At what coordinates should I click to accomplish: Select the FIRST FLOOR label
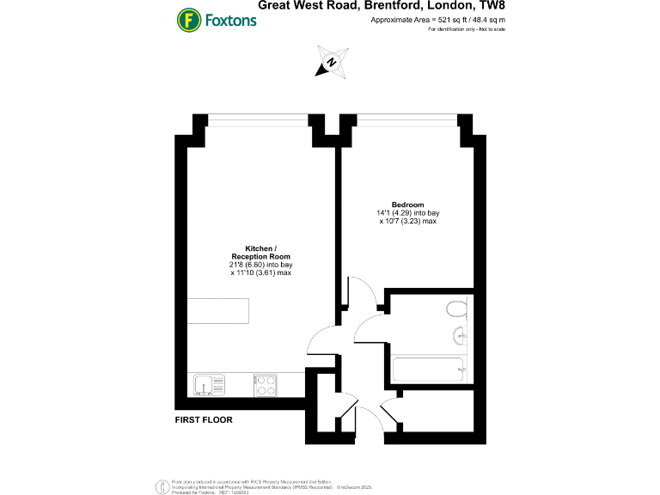[x=204, y=420]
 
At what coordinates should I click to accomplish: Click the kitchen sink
[x=207, y=385]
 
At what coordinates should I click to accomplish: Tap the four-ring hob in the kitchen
[x=266, y=386]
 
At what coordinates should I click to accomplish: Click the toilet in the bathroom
[x=456, y=309]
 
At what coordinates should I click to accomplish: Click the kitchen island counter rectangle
[x=218, y=311]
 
